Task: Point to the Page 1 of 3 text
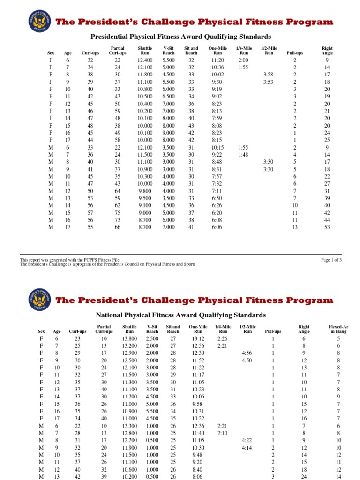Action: (331, 260)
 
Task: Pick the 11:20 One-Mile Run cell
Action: (217, 60)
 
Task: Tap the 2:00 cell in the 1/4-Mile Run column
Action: (243, 60)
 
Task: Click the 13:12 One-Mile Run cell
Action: (196, 338)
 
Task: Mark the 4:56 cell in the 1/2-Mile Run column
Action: (247, 352)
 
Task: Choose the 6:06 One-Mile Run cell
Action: (217, 227)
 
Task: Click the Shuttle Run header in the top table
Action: (145, 51)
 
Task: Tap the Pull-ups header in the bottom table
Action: (272, 331)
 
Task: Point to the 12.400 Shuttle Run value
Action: (145, 60)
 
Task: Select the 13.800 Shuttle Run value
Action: (129, 338)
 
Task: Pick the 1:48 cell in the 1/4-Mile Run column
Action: (243, 154)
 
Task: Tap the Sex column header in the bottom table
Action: (41, 331)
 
